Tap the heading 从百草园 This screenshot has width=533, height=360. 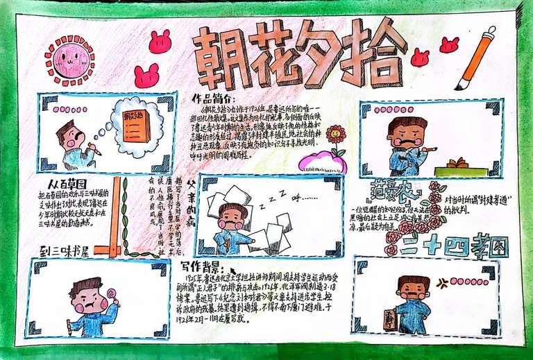[67, 184]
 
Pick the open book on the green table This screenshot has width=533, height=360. [456, 164]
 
